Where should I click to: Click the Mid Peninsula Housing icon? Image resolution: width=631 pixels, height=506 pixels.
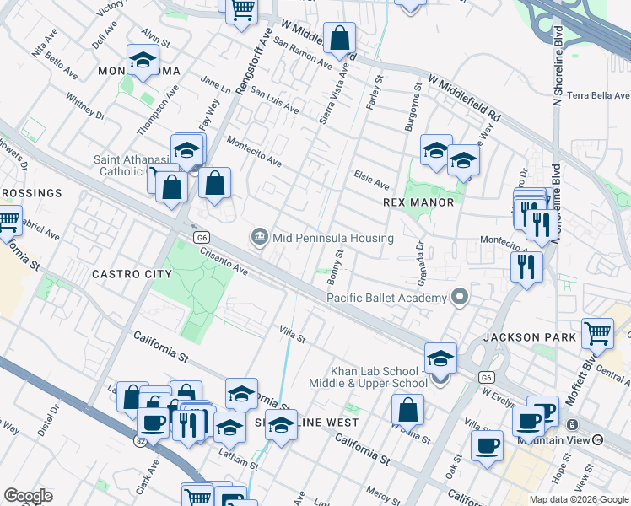(x=259, y=238)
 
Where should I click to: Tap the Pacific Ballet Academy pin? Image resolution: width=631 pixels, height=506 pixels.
(x=460, y=298)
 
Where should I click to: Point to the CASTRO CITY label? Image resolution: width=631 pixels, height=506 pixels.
(x=132, y=274)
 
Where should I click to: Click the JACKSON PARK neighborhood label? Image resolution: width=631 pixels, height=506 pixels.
(x=530, y=337)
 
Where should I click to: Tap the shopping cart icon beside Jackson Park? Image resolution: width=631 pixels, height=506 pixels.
(x=598, y=333)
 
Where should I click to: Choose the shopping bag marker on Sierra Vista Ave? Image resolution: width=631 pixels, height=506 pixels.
(x=339, y=39)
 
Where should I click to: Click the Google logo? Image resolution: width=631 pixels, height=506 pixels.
(x=28, y=496)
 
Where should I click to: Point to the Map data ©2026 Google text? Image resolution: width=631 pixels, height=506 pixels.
(x=579, y=499)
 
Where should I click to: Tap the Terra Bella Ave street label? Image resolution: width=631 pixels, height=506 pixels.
(x=600, y=95)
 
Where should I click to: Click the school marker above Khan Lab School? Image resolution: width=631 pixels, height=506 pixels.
(x=440, y=358)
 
